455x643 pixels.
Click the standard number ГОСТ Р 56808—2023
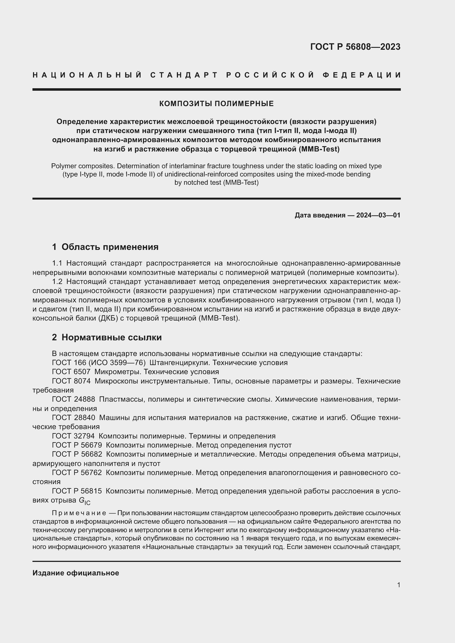[355, 47]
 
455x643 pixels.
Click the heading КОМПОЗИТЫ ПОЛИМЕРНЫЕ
[216, 104]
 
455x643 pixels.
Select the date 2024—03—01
[378, 215]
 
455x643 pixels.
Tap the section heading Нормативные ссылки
[111, 337]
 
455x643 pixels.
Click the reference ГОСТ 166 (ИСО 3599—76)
[99, 363]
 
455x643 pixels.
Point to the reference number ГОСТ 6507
[71, 372]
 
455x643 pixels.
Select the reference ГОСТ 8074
[71, 381]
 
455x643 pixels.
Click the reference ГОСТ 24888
[73, 399]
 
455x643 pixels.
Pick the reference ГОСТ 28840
[73, 418]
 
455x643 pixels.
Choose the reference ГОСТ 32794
[73, 436]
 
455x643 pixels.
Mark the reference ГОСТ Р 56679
[77, 445]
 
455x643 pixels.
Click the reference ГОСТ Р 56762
[77, 473]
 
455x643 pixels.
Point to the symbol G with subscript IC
[84, 501]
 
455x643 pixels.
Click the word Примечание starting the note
[79, 513]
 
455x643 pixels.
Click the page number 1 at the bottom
[398, 585]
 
